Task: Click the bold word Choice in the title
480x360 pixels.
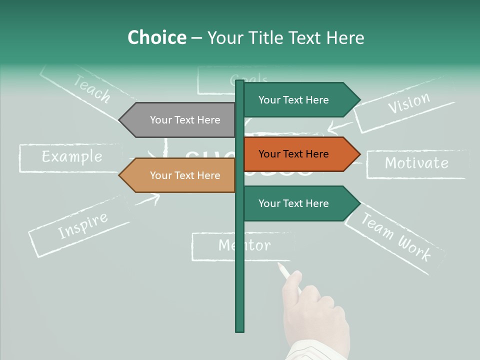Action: tap(156, 37)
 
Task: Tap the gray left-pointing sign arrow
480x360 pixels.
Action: tap(180, 120)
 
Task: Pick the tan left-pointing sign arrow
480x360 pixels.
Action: tap(180, 175)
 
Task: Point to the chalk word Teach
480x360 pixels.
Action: tap(92, 88)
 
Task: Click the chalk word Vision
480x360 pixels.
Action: tap(409, 103)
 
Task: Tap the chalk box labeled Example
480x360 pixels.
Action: tap(71, 157)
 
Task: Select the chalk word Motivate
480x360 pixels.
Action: tap(416, 163)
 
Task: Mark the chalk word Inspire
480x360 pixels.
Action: tap(82, 225)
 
